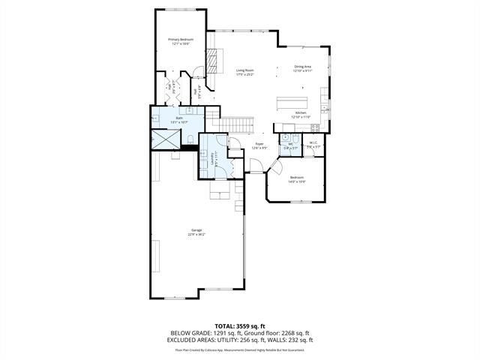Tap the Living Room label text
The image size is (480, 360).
(245, 70)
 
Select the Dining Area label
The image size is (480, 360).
(302, 67)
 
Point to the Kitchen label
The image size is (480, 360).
(300, 113)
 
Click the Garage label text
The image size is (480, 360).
(196, 230)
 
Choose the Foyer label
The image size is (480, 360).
(259, 143)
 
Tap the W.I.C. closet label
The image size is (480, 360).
(314, 143)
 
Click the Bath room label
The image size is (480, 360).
(179, 118)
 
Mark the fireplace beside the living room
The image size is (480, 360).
(216, 59)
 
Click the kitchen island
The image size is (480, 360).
(293, 102)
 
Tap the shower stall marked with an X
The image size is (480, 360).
(163, 139)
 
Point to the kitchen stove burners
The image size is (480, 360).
(315, 127)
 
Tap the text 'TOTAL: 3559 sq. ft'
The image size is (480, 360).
(240, 326)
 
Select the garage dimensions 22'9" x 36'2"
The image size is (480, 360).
(196, 235)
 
